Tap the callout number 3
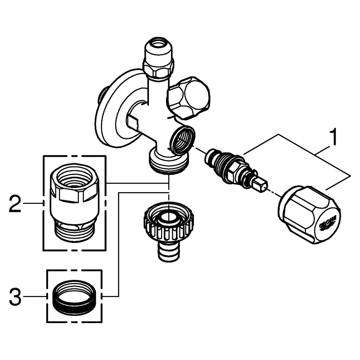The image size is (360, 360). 15,297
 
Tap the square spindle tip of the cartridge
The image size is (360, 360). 260,184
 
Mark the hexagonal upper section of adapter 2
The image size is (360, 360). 74,184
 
